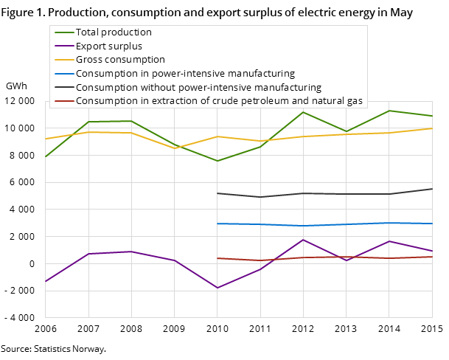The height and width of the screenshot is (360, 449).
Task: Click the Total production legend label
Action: click(114, 32)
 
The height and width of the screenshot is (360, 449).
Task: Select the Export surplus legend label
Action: click(109, 46)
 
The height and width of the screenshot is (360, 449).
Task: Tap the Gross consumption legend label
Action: click(120, 60)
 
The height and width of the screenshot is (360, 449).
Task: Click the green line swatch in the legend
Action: click(64, 32)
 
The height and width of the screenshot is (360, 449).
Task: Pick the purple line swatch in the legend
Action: click(64, 46)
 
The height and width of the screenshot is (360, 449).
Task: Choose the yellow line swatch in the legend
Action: click(64, 60)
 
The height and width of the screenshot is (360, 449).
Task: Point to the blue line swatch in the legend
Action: click(64, 74)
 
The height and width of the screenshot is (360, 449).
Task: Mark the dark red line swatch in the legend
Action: click(64, 101)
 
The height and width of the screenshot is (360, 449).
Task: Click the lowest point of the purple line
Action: click(217, 288)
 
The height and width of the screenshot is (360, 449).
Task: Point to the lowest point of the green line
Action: click(217, 161)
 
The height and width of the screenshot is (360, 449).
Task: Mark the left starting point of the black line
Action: click(217, 193)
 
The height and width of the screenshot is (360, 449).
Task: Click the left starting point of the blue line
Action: click(217, 224)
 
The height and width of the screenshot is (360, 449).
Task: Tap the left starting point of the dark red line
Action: click(217, 258)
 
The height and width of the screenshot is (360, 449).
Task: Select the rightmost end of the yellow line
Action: click(432, 128)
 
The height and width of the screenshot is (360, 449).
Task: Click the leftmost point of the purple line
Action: click(45, 282)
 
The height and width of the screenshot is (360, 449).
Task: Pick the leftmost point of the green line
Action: click(45, 157)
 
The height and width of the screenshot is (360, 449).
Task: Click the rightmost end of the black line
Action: click(432, 189)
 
